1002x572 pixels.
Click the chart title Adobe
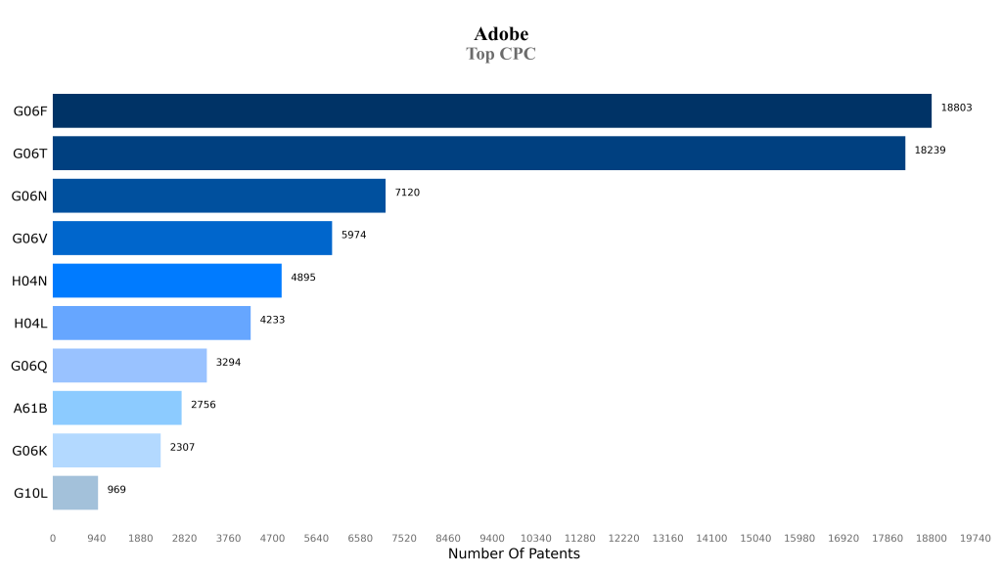[501, 34]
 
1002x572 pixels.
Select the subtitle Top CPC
[501, 54]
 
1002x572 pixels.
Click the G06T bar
[478, 154]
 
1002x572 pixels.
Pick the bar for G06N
[218, 196]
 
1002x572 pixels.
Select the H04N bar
[166, 281]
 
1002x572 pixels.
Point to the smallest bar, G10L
[74, 493]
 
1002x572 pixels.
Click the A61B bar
[116, 408]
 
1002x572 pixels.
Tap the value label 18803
[956, 108]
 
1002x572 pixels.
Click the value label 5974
[353, 235]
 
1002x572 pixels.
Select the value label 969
[116, 489]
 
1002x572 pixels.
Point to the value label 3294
[228, 362]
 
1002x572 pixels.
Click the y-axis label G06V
[29, 239]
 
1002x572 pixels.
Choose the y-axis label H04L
[30, 324]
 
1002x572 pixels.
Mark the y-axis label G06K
[29, 451]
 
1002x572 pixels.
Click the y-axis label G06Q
[29, 366]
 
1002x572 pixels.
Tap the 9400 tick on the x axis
[491, 538]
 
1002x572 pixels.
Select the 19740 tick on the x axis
[975, 538]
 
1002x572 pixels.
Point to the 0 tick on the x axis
[53, 538]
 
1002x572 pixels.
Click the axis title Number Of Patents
[514, 554]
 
